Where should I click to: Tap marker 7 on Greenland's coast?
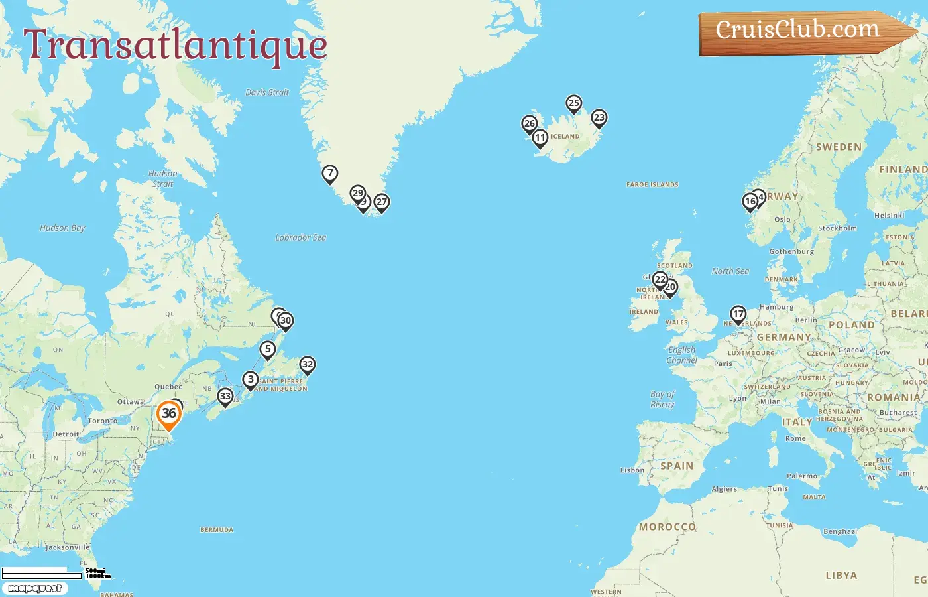point(329,174)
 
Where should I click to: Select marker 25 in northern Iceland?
point(574,103)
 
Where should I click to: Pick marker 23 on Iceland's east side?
point(599,118)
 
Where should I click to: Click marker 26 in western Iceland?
point(529,124)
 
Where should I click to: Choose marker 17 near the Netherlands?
point(738,314)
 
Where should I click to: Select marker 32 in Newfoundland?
point(307,365)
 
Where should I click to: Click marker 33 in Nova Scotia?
point(225,397)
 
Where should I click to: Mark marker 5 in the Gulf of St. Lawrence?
point(267,350)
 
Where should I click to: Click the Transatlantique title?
point(176,45)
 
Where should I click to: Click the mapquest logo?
point(34,588)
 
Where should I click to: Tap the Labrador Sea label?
point(300,237)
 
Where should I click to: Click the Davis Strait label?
point(267,92)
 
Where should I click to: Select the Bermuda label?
point(217,530)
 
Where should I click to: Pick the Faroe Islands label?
point(652,185)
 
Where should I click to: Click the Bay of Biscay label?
point(662,399)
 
